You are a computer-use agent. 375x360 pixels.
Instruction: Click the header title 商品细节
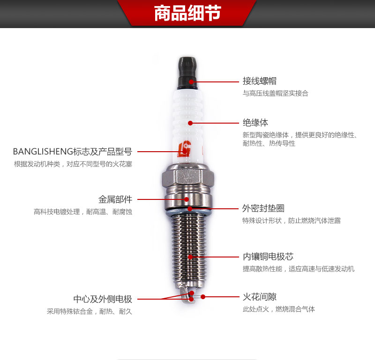pos(187,13)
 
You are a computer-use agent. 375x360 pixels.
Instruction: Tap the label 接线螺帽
pos(260,81)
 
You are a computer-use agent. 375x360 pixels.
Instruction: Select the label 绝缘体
pos(255,123)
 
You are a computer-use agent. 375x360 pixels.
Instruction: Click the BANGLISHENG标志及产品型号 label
pos(73,152)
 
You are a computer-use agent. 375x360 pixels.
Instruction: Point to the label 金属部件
pos(115,199)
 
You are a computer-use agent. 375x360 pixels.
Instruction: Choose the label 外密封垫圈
pos(263,208)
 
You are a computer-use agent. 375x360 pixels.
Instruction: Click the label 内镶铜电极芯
pos(268,257)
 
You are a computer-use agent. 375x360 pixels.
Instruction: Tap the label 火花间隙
pos(260,297)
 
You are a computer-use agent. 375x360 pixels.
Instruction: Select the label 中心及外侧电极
pos(103,299)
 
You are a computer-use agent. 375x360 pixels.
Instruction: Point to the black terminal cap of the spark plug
pos(188,73)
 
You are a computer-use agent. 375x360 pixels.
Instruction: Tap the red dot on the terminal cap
pos(191,82)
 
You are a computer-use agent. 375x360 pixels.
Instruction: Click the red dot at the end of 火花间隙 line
pos(203,297)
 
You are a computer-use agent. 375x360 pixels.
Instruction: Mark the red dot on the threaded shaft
pos(190,257)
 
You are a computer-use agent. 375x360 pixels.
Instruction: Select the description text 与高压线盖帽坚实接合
pos(276,93)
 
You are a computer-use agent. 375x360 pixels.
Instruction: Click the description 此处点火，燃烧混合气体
pos(279,309)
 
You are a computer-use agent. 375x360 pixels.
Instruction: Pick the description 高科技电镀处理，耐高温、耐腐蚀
pos(83,212)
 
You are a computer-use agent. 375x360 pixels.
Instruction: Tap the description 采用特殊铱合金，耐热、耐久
pos(90,311)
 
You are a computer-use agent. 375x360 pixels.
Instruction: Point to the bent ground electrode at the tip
pos(184,295)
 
